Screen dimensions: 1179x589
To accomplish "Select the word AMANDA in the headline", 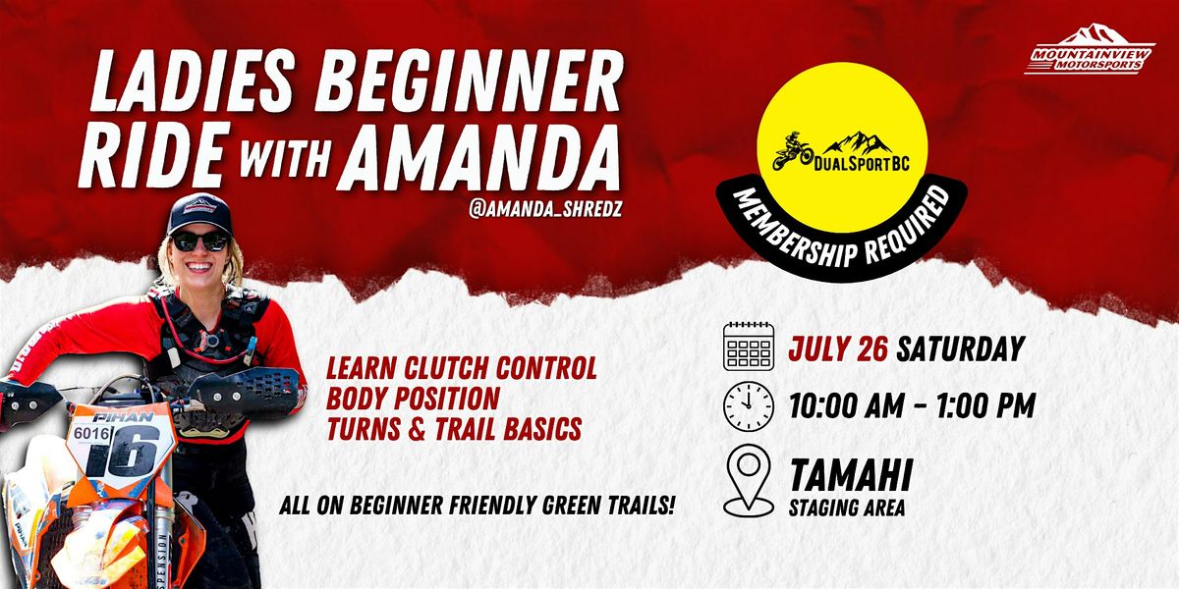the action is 480,155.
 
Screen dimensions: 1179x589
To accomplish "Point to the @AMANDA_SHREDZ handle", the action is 545,209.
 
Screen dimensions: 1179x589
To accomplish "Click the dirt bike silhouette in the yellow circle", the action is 793,151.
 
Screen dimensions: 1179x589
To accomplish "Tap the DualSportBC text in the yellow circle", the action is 862,164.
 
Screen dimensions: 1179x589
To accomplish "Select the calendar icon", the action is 749,346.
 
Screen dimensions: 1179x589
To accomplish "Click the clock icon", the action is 749,406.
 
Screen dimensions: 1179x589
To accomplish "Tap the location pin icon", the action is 749,480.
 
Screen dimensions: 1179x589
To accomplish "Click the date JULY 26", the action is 838,348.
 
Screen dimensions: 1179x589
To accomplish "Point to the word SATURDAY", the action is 961,348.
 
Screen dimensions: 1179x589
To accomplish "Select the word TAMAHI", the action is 851,475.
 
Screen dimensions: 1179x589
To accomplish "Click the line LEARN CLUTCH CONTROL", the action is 462,367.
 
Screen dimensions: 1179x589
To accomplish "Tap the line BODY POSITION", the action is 413,399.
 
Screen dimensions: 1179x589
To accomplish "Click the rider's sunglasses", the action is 200,241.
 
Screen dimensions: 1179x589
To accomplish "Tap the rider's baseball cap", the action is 199,213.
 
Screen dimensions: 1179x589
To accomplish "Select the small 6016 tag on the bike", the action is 92,433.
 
